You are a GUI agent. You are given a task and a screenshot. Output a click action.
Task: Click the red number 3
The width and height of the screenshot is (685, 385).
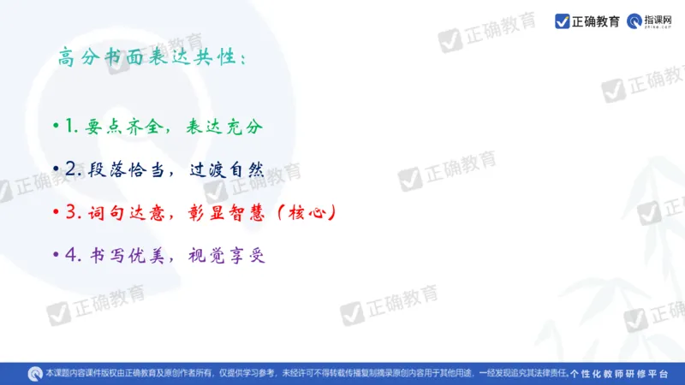point(70,211)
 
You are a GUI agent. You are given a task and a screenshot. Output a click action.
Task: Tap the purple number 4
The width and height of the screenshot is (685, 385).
point(70,254)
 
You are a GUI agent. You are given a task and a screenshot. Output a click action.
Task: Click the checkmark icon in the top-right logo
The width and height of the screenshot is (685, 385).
point(563,21)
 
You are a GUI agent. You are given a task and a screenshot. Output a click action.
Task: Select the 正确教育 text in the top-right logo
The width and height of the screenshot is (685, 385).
point(596,21)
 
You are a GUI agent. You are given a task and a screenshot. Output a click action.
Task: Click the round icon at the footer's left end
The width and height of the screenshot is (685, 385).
point(35,373)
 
